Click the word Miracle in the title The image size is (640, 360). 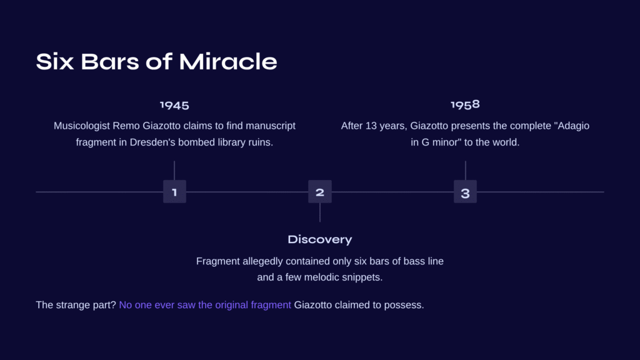227,62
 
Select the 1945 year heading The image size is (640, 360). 174,105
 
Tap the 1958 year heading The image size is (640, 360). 465,104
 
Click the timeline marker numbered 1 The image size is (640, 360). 175,191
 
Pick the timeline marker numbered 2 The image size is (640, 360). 320,191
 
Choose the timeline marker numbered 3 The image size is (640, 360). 465,191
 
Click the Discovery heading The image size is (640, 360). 319,239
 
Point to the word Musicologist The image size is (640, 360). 82,126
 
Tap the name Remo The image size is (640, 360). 126,126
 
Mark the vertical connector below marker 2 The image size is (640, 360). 320,212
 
